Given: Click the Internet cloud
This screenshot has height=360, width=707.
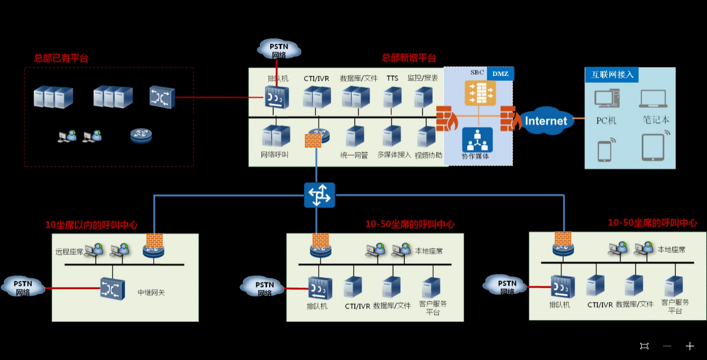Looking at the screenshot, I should (x=546, y=121).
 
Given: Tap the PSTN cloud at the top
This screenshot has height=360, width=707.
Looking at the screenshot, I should (x=279, y=50).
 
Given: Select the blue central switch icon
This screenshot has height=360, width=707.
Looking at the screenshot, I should (x=319, y=196).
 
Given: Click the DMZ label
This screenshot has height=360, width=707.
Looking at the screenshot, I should (x=500, y=73).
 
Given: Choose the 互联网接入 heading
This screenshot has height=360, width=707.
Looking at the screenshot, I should (x=612, y=74).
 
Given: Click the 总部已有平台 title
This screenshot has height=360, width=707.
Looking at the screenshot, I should (x=61, y=58).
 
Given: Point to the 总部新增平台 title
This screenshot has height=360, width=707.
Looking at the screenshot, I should (x=409, y=58).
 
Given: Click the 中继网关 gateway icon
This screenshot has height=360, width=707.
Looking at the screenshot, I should (x=112, y=289).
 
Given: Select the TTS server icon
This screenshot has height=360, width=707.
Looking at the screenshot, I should (x=392, y=97).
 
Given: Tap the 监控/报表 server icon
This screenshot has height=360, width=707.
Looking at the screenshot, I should (x=423, y=97).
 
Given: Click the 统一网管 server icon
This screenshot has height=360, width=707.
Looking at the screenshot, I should (x=354, y=137).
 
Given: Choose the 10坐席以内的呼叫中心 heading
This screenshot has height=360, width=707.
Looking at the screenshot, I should (x=91, y=225).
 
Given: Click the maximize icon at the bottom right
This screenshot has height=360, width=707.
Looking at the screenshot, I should (x=644, y=346).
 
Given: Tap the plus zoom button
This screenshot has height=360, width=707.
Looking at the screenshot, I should (x=689, y=346).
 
